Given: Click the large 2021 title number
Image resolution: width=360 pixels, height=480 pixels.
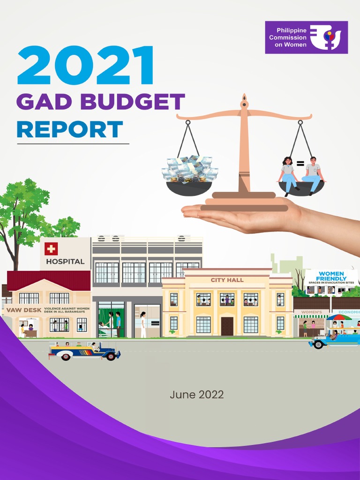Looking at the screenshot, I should pos(85,66).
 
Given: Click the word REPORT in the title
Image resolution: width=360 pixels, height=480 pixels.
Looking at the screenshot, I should pos(70,129).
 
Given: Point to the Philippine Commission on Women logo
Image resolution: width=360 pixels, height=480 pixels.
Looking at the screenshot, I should pos(306,37).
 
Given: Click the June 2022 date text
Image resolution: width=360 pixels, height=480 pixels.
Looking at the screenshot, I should pos(196,395).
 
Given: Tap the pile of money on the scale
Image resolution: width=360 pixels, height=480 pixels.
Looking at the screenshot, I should pos(190,169).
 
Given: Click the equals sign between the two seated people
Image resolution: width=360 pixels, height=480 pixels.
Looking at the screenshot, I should pos(300,164).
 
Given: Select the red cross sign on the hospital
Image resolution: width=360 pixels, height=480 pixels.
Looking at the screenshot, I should pos(51,248).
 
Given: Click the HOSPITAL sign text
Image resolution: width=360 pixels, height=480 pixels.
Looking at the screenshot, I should pos(65,262).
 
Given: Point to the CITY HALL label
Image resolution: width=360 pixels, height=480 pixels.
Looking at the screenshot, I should pos(227,280).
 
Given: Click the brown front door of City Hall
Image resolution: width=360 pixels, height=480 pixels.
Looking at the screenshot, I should pos(227,326).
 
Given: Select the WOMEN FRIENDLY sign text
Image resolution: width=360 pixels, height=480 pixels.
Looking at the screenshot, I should pos(331,276).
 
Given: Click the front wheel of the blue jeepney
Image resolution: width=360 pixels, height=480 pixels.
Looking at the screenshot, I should pos(111,356).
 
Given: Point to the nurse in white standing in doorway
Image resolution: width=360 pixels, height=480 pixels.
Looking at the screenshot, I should pos(143,324).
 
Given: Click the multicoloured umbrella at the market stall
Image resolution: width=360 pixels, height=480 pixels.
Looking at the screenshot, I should pos(339,317).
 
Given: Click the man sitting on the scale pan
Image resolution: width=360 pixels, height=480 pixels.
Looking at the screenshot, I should pos(313,173).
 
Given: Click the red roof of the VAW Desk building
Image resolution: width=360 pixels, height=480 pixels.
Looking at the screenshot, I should pos(49,281).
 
